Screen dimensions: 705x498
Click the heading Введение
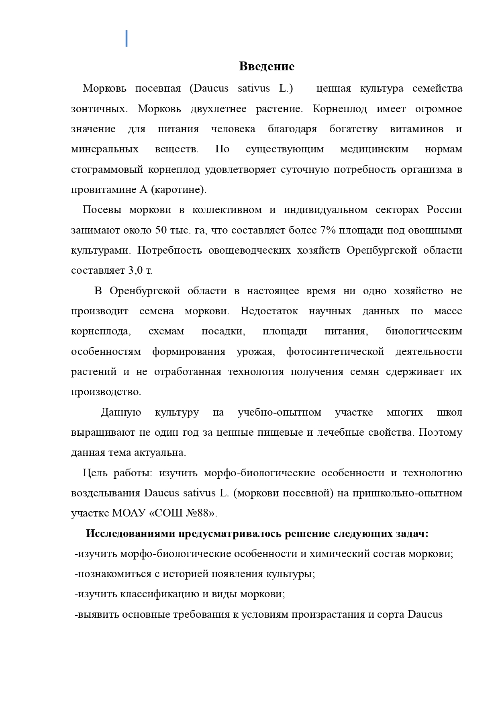click(267, 66)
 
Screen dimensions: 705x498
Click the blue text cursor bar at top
click(127, 39)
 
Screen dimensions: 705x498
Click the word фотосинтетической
click(335, 352)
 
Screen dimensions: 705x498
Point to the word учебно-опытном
click(280, 412)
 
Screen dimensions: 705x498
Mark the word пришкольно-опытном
click(408, 493)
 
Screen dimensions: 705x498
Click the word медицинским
click(374, 150)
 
